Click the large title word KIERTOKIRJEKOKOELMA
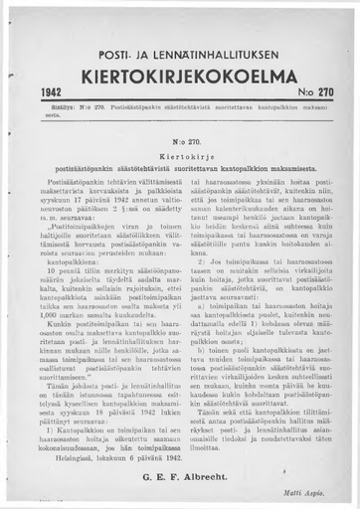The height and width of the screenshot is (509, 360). click(180, 75)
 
